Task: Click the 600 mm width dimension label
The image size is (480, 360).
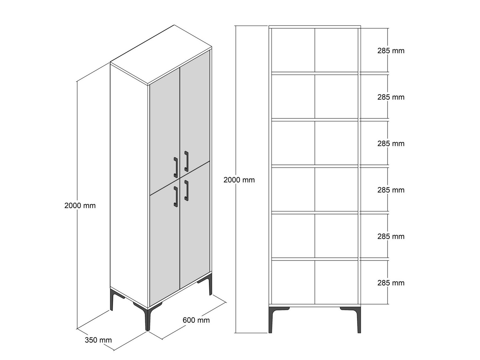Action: [196, 320]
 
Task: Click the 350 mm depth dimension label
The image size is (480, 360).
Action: [98, 340]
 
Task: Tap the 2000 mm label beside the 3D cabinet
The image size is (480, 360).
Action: [80, 206]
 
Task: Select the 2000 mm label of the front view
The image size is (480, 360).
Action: [239, 180]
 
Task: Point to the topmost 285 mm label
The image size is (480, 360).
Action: [391, 51]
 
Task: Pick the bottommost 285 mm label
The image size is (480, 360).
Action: [391, 283]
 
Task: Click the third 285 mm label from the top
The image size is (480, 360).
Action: [391, 144]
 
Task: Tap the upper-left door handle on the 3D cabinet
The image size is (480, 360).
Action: [176, 167]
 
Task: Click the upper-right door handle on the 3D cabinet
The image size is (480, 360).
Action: [186, 161]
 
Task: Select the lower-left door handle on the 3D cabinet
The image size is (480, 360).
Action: [176, 196]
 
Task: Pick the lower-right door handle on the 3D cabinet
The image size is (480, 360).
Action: [186, 190]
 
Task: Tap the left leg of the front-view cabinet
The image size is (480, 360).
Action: [271, 320]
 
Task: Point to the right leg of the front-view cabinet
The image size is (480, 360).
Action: [359, 320]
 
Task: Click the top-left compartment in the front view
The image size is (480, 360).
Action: [293, 50]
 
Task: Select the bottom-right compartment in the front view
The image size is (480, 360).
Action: [336, 282]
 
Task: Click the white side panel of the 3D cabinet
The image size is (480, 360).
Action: [129, 186]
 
